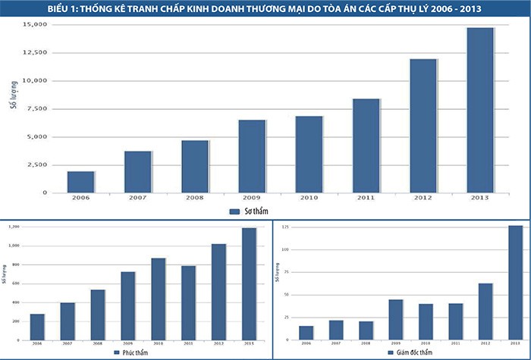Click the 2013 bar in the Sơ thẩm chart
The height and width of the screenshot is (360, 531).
coord(480,110)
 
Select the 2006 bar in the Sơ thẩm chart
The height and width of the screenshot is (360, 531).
coord(80,182)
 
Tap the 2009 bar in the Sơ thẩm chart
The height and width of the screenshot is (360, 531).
coord(252,156)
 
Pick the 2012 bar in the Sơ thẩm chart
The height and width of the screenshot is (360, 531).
coord(423,126)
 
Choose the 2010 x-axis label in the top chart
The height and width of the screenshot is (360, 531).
coord(309,199)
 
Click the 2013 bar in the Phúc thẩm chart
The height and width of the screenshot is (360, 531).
coord(249,283)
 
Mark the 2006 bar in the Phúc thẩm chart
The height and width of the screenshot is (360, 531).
coord(37,327)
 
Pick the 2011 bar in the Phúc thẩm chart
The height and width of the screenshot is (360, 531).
coord(188,302)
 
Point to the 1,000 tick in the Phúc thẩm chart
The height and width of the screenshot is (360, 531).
coord(14,246)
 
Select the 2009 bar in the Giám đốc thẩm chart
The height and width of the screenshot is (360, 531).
coord(396,319)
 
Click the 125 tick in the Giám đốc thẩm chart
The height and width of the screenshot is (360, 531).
coord(285,249)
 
